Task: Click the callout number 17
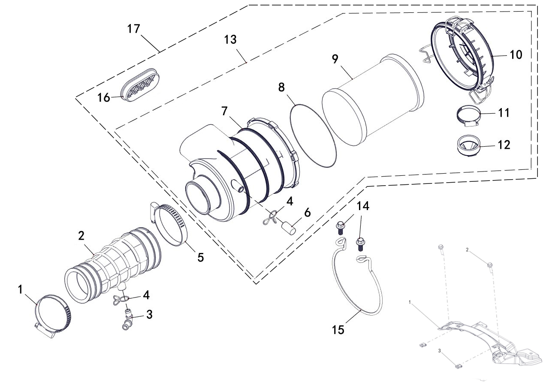pyautogui.click(x=133, y=29)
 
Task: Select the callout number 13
pyautogui.click(x=230, y=39)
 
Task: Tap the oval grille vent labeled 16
pyautogui.click(x=140, y=85)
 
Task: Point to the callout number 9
pyautogui.click(x=335, y=59)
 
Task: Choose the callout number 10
pyautogui.click(x=516, y=54)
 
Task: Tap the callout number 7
pyautogui.click(x=224, y=111)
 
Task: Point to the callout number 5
pyautogui.click(x=200, y=257)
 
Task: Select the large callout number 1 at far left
pyautogui.click(x=20, y=289)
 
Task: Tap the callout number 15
pyautogui.click(x=338, y=330)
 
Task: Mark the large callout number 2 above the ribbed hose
pyautogui.click(x=81, y=236)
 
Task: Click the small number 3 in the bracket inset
pyautogui.click(x=440, y=351)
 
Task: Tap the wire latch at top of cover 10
pyautogui.click(x=459, y=23)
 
